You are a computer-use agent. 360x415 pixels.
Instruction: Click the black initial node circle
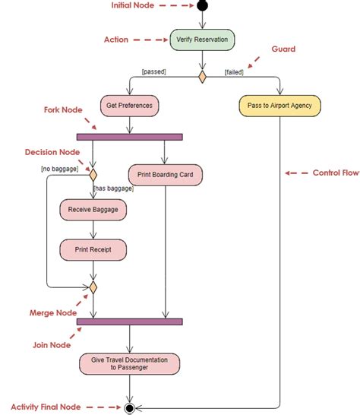coord(202,7)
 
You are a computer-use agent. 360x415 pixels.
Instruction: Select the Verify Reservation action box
coord(201,40)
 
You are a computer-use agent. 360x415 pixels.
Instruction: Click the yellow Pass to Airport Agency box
coord(279,105)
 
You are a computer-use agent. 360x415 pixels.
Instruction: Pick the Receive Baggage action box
coord(93,209)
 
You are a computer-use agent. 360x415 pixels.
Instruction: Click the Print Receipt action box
coord(93,249)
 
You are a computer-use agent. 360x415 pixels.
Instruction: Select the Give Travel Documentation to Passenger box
coord(129,363)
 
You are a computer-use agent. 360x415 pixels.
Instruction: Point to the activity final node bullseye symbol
coord(129,407)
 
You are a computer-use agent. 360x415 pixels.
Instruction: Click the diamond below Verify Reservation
coord(202,77)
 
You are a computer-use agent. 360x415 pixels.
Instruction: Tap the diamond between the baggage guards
coord(93,173)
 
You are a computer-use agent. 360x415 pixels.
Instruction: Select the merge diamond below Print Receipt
coord(93,287)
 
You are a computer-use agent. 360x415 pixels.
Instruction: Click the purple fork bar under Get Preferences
coord(129,137)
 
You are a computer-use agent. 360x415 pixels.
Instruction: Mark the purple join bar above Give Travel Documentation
coord(129,322)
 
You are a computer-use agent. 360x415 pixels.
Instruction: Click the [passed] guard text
coord(154,71)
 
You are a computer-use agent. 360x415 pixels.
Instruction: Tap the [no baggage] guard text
coord(59,168)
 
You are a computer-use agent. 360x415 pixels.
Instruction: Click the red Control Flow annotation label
coord(335,173)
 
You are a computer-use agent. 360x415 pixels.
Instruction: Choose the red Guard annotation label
coord(283,49)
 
